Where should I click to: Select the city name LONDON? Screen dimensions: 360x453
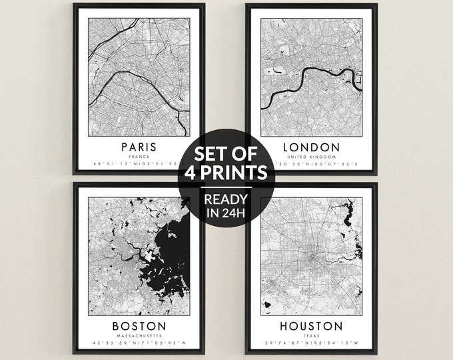(x=312, y=147)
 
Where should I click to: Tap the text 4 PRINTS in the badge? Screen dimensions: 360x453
(x=226, y=172)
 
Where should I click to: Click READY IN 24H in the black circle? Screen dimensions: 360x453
(x=226, y=206)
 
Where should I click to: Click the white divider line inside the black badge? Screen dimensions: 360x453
(x=226, y=187)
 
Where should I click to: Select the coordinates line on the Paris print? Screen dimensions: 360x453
(x=133, y=164)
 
